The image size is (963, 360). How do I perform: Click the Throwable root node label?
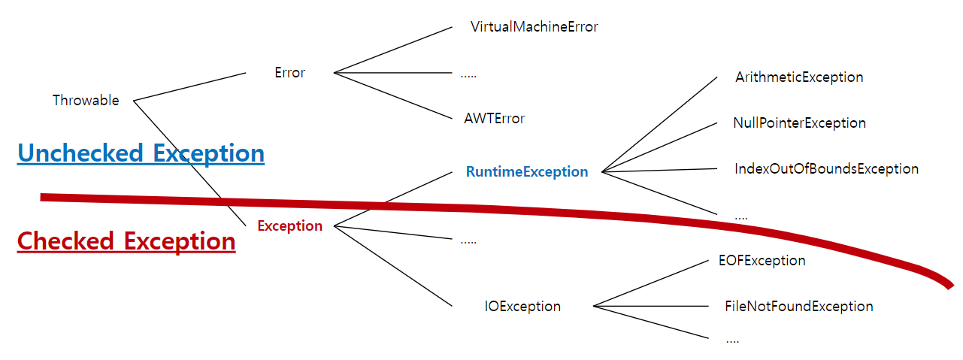click(x=86, y=101)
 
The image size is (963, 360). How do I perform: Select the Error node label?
click(x=290, y=73)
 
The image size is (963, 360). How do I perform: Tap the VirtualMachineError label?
click(x=534, y=27)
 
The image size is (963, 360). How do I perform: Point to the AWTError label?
click(x=494, y=119)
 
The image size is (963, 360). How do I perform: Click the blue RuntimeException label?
click(x=526, y=172)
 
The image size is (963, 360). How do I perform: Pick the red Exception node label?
click(x=289, y=226)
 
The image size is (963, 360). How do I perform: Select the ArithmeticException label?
click(x=798, y=77)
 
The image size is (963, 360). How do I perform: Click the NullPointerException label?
click(x=799, y=123)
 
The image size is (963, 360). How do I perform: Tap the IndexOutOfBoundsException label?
click(x=826, y=169)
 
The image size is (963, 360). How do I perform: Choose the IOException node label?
click(x=522, y=307)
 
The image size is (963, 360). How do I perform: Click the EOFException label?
click(x=762, y=261)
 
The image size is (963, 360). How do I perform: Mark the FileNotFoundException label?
click(x=798, y=307)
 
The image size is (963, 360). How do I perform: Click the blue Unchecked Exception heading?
click(x=141, y=153)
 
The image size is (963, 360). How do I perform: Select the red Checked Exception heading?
click(x=126, y=241)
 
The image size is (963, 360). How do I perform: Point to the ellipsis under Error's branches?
click(x=468, y=74)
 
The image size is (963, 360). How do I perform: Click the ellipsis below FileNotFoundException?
click(x=732, y=340)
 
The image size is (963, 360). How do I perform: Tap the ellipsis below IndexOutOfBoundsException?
click(x=740, y=217)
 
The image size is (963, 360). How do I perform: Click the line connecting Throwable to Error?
click(x=189, y=86)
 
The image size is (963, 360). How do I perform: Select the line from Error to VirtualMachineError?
click(x=392, y=50)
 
